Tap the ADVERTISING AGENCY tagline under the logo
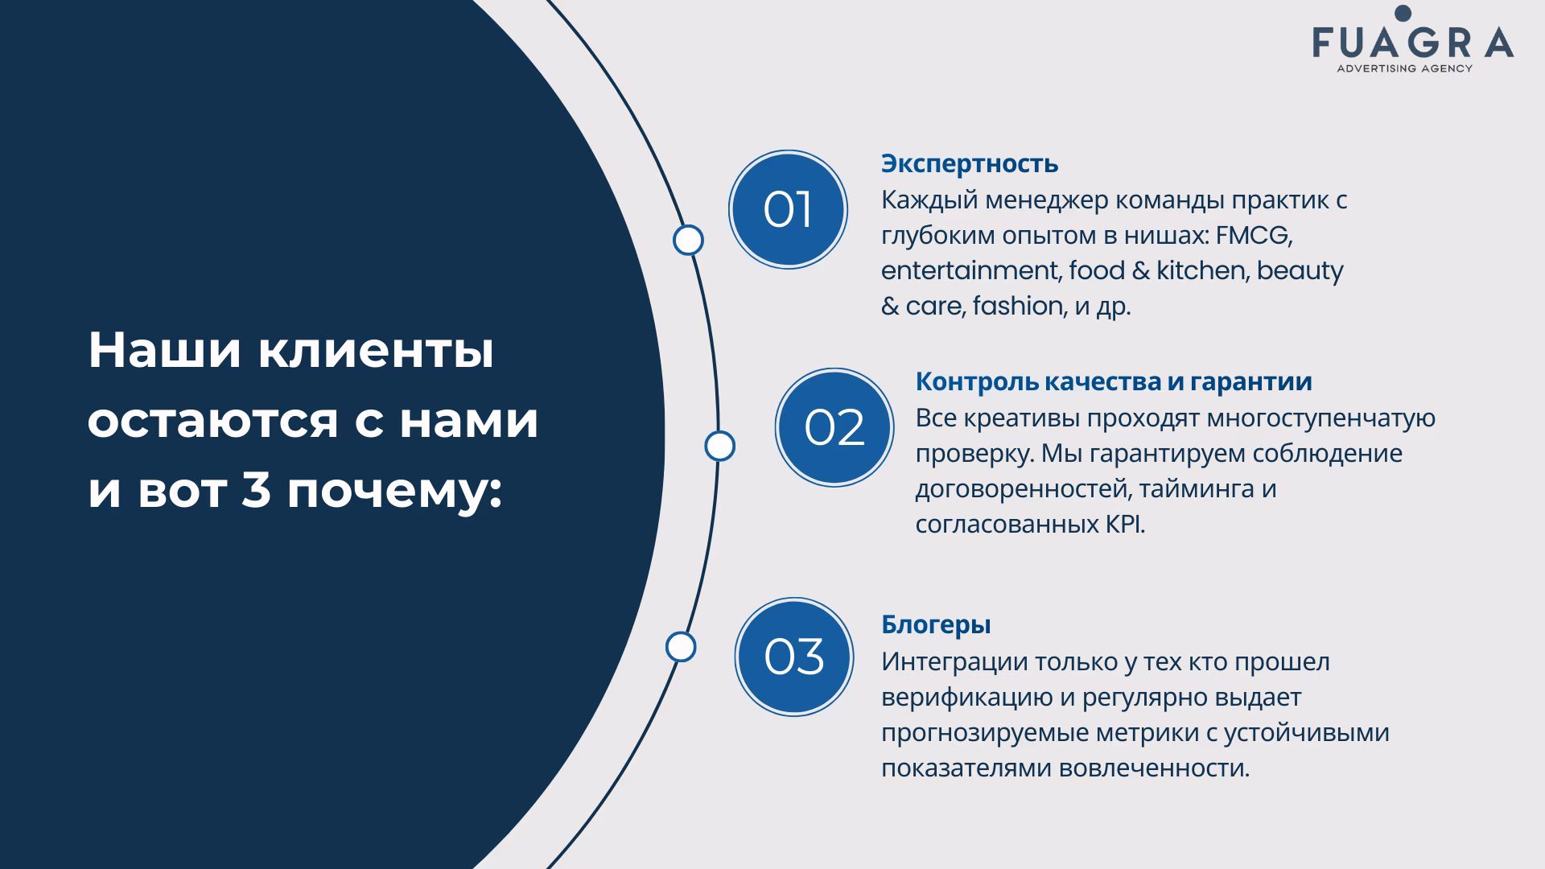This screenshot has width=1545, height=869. [x=1404, y=68]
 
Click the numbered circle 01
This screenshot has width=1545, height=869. [x=788, y=209]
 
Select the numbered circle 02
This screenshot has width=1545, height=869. [x=834, y=427]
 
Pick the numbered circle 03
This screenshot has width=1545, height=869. [x=794, y=657]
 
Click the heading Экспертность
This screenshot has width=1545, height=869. [x=970, y=163]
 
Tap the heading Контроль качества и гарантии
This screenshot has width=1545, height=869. [x=1114, y=381]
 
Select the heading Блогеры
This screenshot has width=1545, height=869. [x=936, y=625]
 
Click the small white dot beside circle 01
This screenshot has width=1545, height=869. [x=688, y=240]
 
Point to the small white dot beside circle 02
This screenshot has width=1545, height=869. [x=719, y=446]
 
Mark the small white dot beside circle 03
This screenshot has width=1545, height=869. [x=681, y=647]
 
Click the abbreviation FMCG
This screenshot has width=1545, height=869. [x=1255, y=235]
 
